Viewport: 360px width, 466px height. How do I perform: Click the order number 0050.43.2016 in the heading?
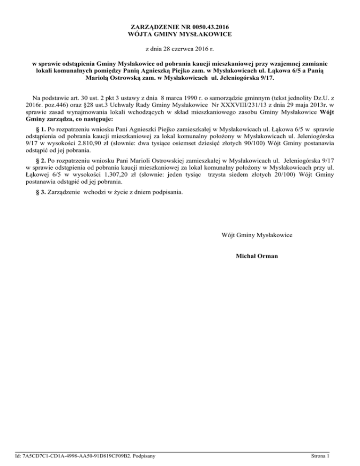pos(213,27)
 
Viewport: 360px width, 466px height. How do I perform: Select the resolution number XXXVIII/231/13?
pos(237,103)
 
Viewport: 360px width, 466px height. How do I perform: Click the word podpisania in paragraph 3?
pos(169,192)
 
